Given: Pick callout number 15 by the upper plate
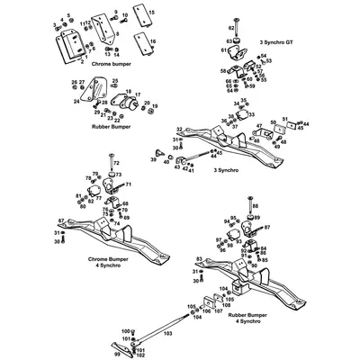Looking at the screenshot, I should point(150,11).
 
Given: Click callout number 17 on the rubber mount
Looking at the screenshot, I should point(126,93).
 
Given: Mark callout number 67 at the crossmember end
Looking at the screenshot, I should point(61,220).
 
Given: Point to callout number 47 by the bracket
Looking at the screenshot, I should point(259,127).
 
